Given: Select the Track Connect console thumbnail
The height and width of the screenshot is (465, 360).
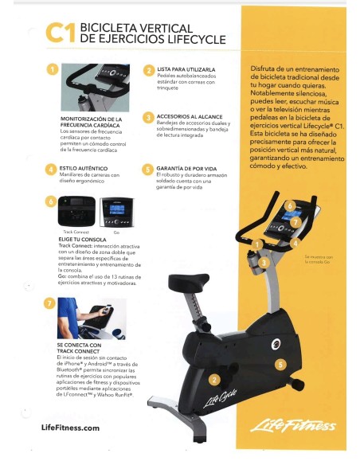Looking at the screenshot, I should click(77, 212).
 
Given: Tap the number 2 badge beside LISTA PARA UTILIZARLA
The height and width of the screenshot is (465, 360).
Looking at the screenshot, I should click(149, 70).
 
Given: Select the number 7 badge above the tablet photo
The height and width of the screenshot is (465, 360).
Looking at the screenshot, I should click(49, 303).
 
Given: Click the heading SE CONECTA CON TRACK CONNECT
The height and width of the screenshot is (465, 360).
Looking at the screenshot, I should click(79, 349).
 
